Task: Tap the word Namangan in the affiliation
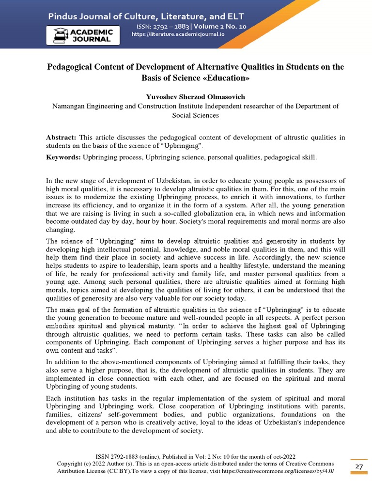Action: coord(73,106)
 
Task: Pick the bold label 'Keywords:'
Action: coord(63,157)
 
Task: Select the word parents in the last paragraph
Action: coord(330,406)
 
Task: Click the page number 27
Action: coord(359,466)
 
